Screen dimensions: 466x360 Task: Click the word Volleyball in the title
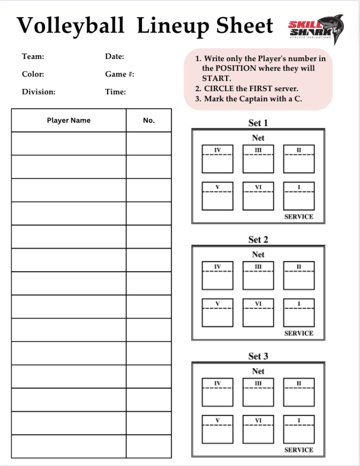click(71, 25)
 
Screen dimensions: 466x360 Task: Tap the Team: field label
click(33, 57)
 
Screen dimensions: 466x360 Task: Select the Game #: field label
click(120, 74)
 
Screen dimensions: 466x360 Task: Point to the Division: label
click(39, 92)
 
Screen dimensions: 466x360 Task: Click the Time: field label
click(115, 92)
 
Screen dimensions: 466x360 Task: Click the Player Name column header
click(69, 120)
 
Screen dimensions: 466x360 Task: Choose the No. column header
click(149, 120)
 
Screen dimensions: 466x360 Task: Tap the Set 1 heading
click(258, 123)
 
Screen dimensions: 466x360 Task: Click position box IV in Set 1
click(217, 159)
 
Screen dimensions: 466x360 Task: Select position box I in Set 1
click(299, 196)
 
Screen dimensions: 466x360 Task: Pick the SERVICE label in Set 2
click(298, 333)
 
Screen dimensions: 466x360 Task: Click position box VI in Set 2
click(258, 313)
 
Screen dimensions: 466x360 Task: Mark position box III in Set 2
click(258, 275)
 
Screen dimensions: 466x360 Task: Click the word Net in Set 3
click(258, 371)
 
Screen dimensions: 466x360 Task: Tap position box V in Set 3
click(217, 429)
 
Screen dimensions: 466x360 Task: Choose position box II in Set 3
click(299, 392)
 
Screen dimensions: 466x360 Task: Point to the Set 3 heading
click(258, 356)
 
